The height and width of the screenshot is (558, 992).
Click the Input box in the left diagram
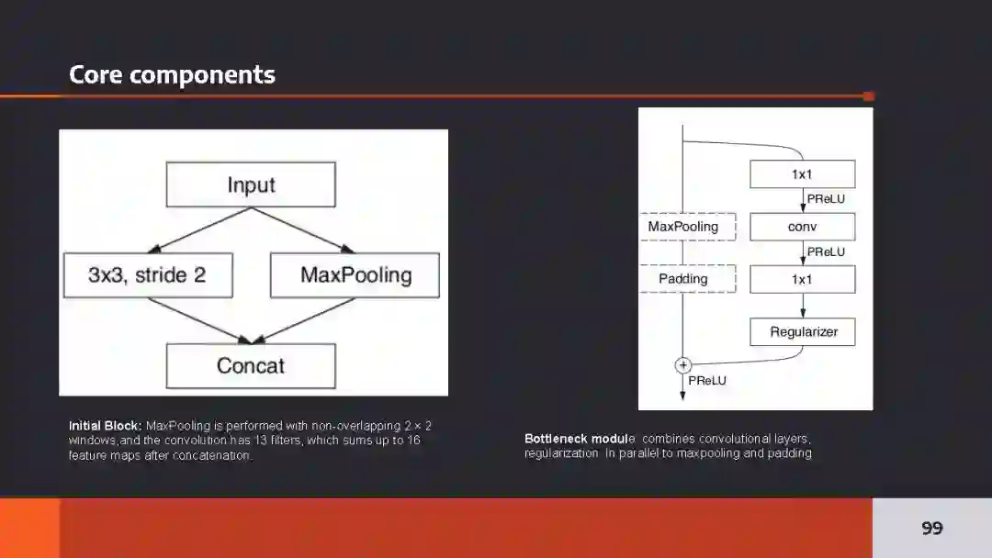(251, 184)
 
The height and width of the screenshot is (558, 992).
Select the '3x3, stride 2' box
(148, 275)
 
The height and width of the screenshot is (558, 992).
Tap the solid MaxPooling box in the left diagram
(355, 275)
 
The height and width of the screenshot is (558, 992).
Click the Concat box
(251, 365)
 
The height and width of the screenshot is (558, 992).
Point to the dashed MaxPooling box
(683, 227)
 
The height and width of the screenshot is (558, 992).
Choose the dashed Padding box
(683, 278)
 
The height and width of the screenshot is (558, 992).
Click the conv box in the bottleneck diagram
(802, 227)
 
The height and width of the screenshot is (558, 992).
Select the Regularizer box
(803, 331)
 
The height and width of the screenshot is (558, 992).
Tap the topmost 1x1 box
(802, 174)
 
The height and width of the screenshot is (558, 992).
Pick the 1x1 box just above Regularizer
(802, 279)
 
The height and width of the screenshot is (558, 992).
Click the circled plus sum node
(682, 365)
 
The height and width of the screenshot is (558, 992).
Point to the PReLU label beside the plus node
(706, 379)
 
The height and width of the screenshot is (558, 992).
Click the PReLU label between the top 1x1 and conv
(826, 199)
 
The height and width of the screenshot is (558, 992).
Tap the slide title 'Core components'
(172, 74)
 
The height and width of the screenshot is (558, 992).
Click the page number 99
(931, 528)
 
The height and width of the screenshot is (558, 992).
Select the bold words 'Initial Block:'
(105, 426)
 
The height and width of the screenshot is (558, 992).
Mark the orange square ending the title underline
(869, 95)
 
